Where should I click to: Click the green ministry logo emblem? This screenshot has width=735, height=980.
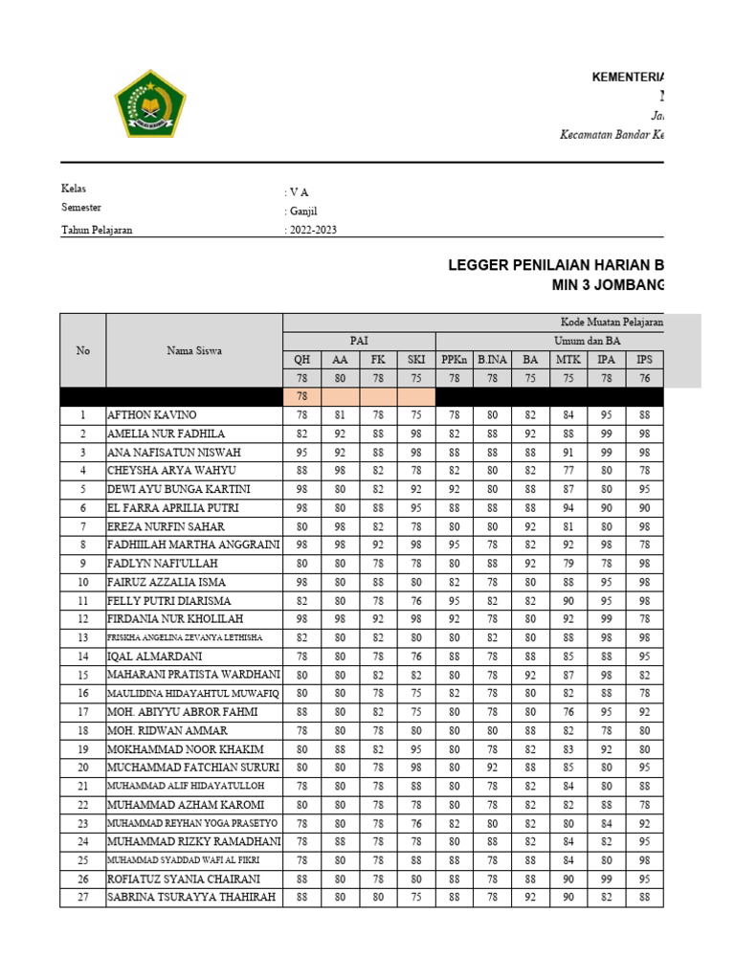point(148,102)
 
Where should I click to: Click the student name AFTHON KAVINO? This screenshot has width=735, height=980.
point(152,415)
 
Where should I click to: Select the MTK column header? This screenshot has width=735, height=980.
point(568,360)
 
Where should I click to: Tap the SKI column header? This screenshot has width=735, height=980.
point(416,360)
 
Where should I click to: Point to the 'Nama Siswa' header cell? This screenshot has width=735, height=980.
point(194,350)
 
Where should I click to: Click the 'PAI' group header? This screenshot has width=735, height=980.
point(359,341)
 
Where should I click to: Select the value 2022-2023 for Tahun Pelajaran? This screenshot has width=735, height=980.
point(312,230)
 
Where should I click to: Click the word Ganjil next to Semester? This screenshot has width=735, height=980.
point(304,211)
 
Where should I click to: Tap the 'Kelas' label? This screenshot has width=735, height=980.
point(74,189)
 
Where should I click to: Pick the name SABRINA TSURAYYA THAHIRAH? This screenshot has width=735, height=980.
point(192,898)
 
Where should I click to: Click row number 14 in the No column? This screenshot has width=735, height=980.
point(83,657)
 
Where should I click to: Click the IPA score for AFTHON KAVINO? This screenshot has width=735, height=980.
point(607,415)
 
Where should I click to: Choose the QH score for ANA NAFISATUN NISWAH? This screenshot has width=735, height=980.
point(301,453)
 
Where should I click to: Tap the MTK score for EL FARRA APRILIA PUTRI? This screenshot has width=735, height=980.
point(568,508)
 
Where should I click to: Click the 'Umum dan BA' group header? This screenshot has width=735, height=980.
point(568,341)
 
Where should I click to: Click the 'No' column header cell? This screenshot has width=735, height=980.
point(83,350)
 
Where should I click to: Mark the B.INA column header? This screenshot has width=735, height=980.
point(493,360)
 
